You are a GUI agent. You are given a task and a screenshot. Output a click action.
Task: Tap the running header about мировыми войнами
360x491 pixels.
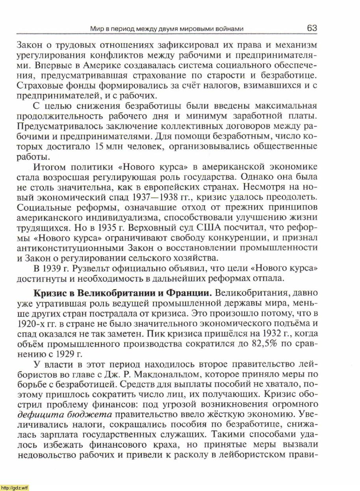point(167,29)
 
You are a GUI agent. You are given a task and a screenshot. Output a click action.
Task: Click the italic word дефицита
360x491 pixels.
point(36,415)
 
